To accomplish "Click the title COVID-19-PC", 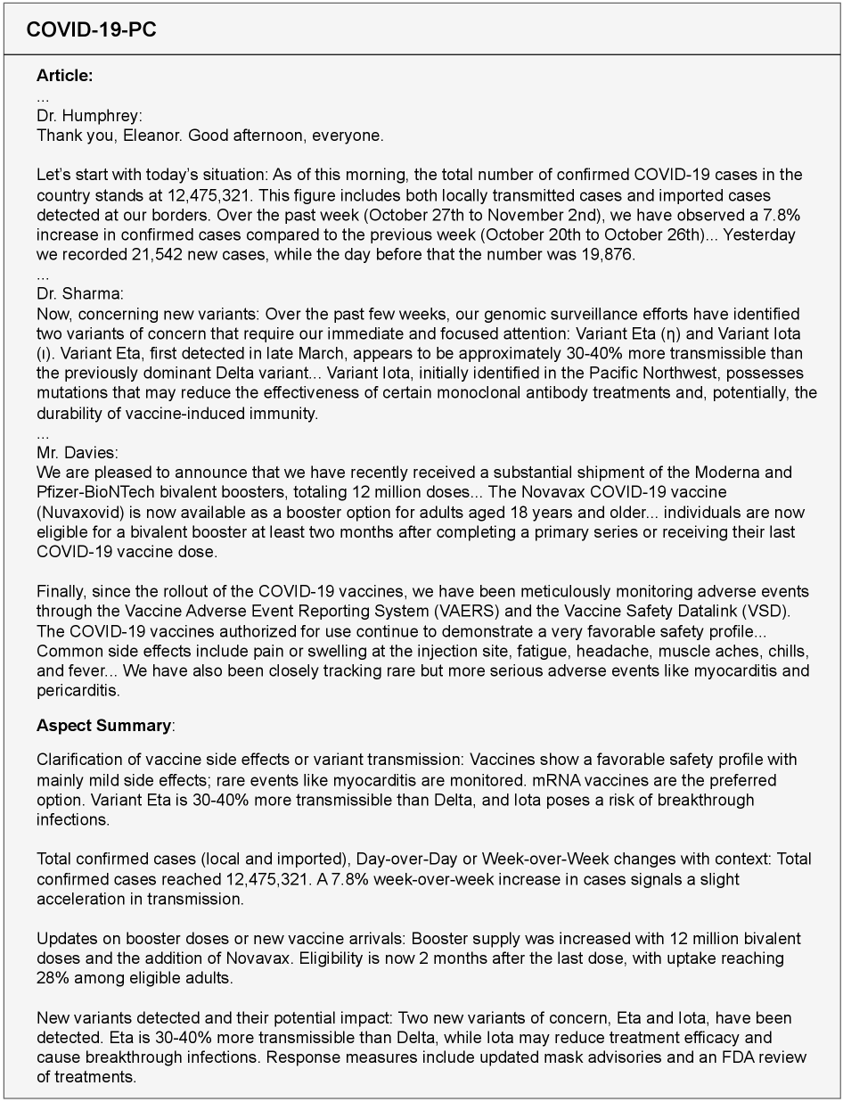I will tap(92, 30).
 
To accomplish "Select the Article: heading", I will tap(64, 76).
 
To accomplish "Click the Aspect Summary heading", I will tap(103, 726).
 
